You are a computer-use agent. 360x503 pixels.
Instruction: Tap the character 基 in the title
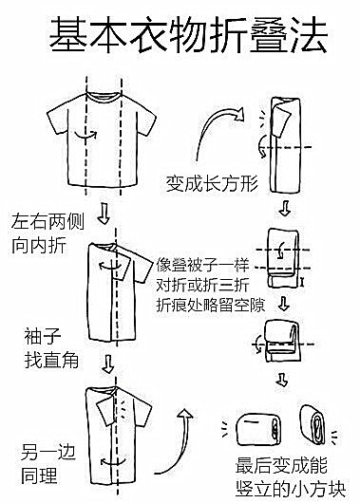68,34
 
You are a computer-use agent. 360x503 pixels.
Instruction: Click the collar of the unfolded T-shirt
104,96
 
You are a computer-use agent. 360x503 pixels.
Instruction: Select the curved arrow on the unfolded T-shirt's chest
85,135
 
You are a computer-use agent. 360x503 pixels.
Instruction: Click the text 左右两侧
47,222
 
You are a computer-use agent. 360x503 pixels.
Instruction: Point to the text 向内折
39,246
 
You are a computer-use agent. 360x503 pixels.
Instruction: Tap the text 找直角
51,360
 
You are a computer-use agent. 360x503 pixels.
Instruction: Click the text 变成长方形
212,184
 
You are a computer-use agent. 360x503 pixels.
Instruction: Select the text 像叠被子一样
203,265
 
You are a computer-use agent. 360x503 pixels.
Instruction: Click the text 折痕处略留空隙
211,305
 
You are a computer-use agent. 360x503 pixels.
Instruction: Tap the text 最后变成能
282,466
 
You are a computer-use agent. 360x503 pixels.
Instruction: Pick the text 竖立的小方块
291,489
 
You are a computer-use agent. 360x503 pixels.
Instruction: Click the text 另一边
48,452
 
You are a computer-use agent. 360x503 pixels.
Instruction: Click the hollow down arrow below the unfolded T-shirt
104,214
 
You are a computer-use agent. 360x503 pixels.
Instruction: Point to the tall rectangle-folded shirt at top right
285,145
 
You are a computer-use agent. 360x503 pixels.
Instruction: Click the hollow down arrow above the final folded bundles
282,380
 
